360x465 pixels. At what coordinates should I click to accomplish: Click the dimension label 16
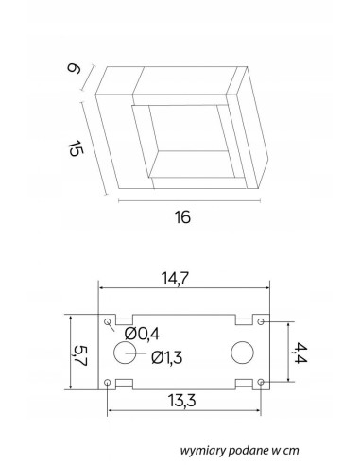coord(182,217)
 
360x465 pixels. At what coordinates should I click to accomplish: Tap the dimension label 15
coord(76,148)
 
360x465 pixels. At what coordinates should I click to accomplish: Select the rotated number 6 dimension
coord(74,68)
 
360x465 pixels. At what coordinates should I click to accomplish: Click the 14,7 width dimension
coord(175,279)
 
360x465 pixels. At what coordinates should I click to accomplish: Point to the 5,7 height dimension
coord(80,355)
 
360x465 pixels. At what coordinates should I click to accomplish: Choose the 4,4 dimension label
coord(300,353)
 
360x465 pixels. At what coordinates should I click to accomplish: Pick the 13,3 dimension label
coord(182,401)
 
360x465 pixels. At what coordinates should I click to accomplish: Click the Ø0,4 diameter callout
coord(142,334)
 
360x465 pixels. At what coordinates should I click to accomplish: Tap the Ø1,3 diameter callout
coord(167,357)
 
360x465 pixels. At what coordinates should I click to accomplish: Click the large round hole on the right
coord(242,353)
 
